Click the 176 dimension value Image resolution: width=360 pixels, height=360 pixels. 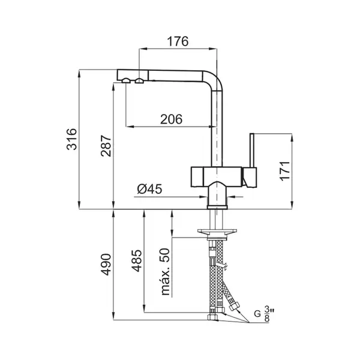[178, 41]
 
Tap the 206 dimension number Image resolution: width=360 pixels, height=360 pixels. [171, 119]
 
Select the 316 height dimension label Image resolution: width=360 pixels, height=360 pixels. [71, 139]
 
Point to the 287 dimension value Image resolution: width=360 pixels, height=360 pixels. [106, 146]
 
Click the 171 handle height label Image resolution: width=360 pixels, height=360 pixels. [285, 171]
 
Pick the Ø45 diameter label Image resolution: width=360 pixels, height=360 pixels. [149, 189]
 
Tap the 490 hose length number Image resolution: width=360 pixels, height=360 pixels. [106, 265]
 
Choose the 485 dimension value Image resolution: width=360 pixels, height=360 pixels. [136, 260]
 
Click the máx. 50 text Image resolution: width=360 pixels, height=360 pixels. [166, 272]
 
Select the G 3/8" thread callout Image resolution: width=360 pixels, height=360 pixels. [265, 314]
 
